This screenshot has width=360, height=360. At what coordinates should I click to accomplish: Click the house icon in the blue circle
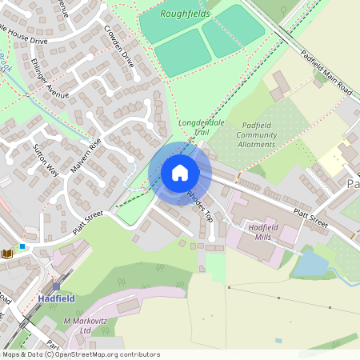click(179, 173)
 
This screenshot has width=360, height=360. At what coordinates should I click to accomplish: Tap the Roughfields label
click(185, 14)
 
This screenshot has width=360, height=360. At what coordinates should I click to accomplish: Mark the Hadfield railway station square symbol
click(57, 286)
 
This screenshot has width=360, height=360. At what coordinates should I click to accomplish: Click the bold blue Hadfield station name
click(55, 299)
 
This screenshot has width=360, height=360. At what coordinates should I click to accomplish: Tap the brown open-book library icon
click(7, 254)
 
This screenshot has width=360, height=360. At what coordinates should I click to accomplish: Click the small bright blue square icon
click(22, 246)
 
